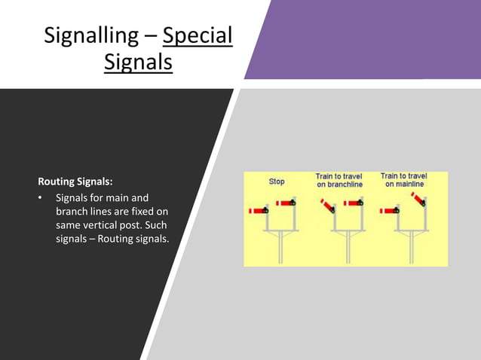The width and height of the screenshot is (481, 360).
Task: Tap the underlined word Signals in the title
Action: pos(138,62)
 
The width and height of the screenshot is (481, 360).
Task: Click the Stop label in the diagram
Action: pos(277,182)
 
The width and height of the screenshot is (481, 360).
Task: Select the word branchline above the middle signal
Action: pos(339,185)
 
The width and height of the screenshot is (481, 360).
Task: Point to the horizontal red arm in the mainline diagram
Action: pos(391,211)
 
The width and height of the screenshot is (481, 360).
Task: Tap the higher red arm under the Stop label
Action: pos(284,203)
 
